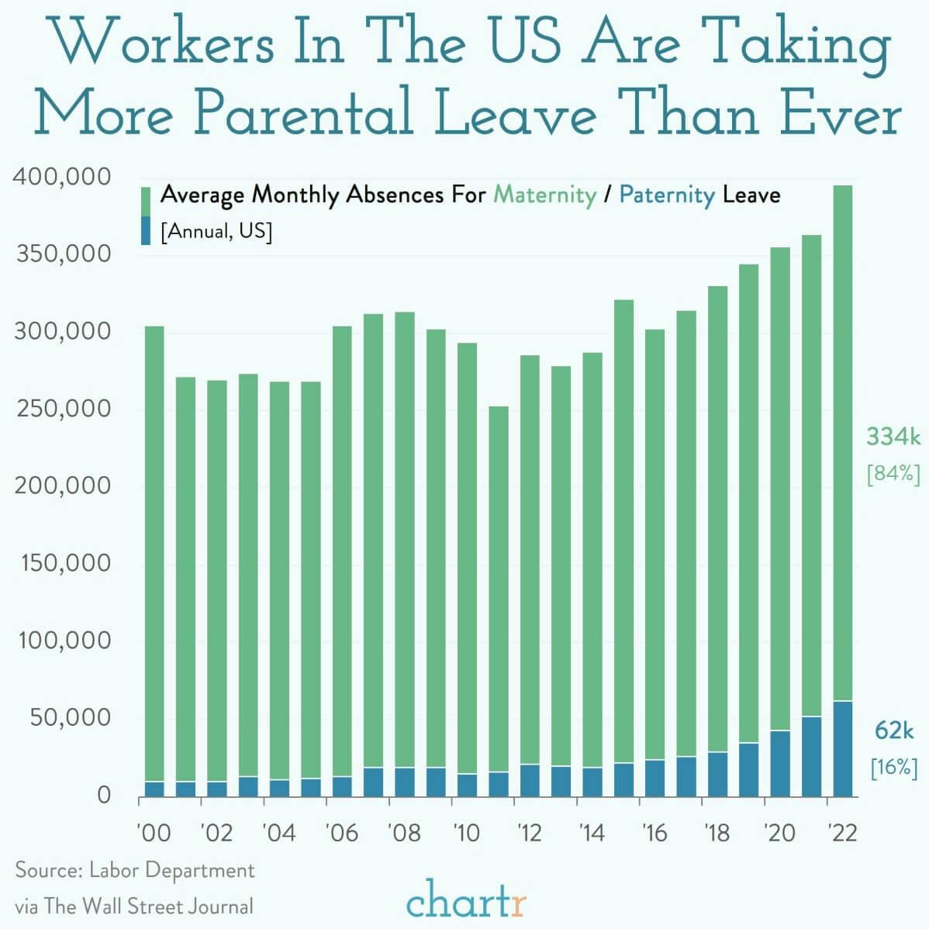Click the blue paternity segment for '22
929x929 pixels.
click(x=842, y=748)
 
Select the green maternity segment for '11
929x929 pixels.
click(x=499, y=589)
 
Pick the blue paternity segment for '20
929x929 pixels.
click(x=780, y=763)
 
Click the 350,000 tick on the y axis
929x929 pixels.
click(x=63, y=254)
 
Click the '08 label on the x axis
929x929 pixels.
click(x=404, y=833)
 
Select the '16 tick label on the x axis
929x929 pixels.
click(x=655, y=833)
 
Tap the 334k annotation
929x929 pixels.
click(x=893, y=437)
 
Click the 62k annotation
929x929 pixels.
click(x=894, y=730)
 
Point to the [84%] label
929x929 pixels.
click(x=893, y=474)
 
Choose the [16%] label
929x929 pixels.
click(x=893, y=768)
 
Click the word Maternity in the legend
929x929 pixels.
click(x=544, y=194)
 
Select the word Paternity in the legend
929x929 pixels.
click(x=666, y=194)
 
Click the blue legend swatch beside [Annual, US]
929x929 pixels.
click(x=145, y=231)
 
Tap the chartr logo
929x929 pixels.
click(x=465, y=901)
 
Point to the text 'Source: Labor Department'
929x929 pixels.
click(x=135, y=870)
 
